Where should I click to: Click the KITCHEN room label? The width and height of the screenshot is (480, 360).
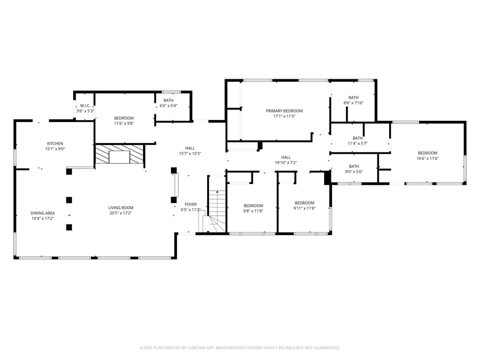(55, 143)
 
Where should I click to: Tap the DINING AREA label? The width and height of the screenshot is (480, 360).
(42, 213)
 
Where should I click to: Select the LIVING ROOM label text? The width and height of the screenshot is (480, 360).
(121, 208)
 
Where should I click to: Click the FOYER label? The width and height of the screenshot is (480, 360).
(190, 204)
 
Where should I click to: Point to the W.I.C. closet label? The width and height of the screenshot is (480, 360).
(84, 105)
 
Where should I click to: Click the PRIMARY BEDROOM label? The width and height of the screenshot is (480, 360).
(284, 111)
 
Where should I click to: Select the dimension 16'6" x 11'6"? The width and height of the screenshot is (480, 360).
(427, 158)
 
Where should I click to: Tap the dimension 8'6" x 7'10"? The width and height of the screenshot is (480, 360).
(353, 103)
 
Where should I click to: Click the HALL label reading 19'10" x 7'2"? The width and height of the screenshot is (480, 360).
(285, 157)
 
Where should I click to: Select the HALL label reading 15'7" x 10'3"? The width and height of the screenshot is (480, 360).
(190, 148)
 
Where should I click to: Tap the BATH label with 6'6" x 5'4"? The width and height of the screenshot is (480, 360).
(168, 100)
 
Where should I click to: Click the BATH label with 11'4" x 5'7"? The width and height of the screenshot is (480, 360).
(357, 138)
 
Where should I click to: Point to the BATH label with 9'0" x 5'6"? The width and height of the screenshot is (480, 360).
(353, 166)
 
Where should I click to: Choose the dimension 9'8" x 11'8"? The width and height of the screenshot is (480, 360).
(253, 211)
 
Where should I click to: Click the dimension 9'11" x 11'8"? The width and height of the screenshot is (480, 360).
(304, 208)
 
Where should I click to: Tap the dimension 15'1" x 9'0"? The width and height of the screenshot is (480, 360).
(55, 149)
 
